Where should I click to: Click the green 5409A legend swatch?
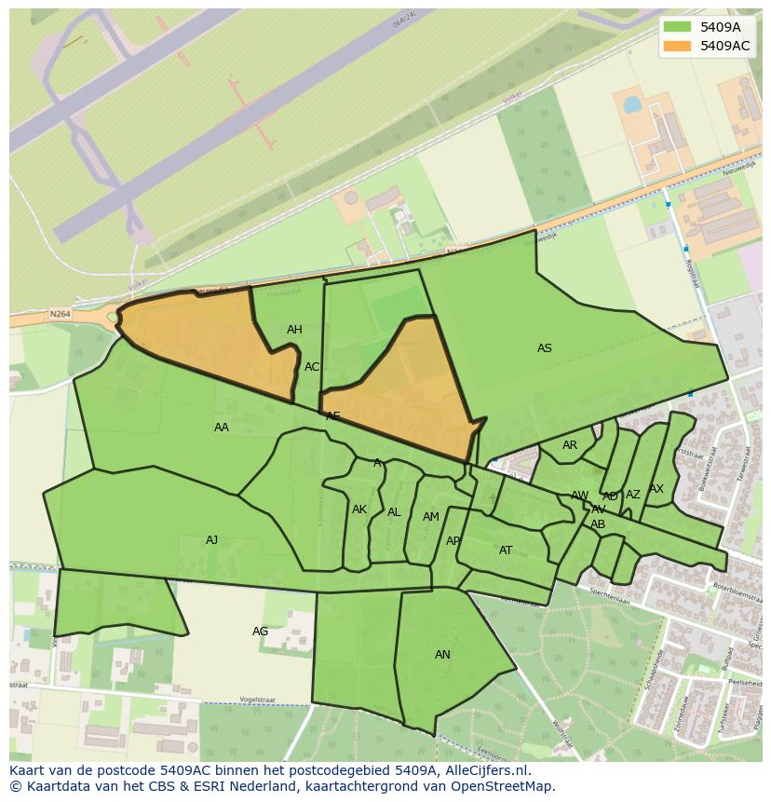[677, 27]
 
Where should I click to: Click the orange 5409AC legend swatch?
[677, 46]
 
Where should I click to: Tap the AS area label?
[545, 348]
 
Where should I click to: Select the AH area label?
[294, 330]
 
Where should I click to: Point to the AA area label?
[222, 428]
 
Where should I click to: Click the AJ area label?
[212, 540]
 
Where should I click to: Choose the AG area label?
[261, 632]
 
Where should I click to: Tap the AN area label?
[442, 655]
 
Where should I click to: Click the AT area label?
[506, 551]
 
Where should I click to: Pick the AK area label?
[359, 510]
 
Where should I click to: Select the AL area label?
[394, 512]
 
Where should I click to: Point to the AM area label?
[430, 517]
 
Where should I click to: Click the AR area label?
[570, 445]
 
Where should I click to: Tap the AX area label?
[656, 489]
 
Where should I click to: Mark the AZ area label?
[633, 495]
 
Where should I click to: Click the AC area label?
[312, 367]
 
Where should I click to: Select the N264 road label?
[61, 315]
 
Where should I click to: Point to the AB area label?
[598, 524]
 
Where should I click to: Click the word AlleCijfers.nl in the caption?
[487, 770]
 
